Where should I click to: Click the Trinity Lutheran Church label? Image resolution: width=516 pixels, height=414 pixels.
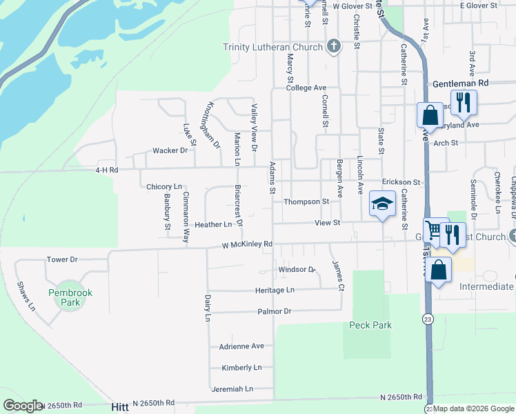272,48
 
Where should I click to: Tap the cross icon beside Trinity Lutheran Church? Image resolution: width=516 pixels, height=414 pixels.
334,47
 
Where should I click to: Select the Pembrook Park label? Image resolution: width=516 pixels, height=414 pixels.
70,297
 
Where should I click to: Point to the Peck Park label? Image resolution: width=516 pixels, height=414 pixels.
370,325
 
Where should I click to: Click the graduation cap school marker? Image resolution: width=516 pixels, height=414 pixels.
382,204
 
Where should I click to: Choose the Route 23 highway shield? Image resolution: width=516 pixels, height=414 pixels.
429,319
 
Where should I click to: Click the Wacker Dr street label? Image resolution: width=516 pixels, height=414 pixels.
170,150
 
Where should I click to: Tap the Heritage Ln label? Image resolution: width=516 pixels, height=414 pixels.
275,290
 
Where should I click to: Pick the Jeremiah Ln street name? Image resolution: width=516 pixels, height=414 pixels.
232,388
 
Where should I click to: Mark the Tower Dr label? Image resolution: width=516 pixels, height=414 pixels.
62,259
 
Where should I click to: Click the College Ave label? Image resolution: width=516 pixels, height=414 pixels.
306,88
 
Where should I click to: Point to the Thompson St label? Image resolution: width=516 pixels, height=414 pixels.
306,202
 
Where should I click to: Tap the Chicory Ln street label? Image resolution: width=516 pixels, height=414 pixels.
164,187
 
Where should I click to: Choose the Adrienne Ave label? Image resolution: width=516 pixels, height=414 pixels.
241,346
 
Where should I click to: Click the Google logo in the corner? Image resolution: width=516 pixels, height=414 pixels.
23,406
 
